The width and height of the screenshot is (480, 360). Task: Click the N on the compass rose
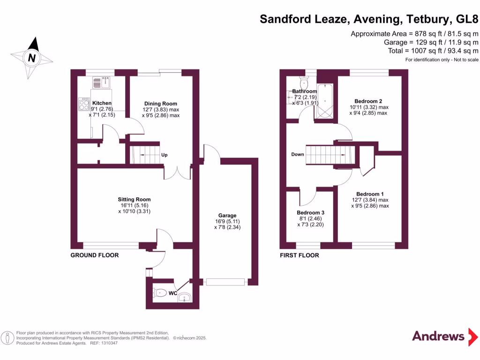point(32,58)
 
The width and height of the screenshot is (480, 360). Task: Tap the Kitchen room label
point(102,103)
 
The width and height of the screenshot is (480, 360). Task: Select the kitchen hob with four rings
point(84,104)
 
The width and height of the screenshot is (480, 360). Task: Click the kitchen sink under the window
point(101,82)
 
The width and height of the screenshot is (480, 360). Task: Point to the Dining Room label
point(161,104)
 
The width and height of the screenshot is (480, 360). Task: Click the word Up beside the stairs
point(165,155)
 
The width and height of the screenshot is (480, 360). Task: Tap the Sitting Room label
point(135,199)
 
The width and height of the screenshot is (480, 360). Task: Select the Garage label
point(227,216)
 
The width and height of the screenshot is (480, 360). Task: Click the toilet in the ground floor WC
point(159,293)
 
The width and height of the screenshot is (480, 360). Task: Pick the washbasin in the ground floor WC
point(185,297)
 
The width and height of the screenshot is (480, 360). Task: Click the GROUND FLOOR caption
point(95,255)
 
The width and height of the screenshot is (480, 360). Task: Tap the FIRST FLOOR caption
point(300,255)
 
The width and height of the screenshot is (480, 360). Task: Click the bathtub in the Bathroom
point(325,101)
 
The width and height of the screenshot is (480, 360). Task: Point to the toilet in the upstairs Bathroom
point(304,82)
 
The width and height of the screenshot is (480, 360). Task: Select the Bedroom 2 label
point(368,101)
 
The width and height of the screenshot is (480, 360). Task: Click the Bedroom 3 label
point(310,213)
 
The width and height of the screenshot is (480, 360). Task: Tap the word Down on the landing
point(298,154)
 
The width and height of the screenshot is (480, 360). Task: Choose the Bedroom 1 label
point(370,194)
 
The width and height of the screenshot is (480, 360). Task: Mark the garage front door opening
point(225,282)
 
